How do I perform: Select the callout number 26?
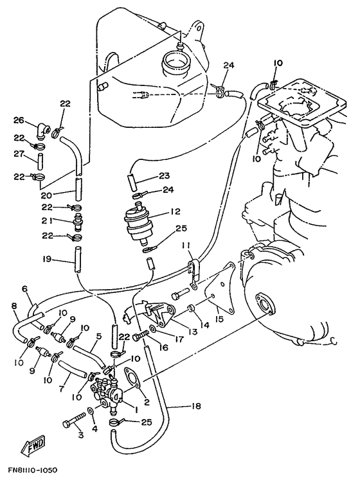point(18,120)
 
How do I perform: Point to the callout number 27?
point(18,154)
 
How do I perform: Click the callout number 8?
point(14,307)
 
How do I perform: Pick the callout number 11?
point(185,244)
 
